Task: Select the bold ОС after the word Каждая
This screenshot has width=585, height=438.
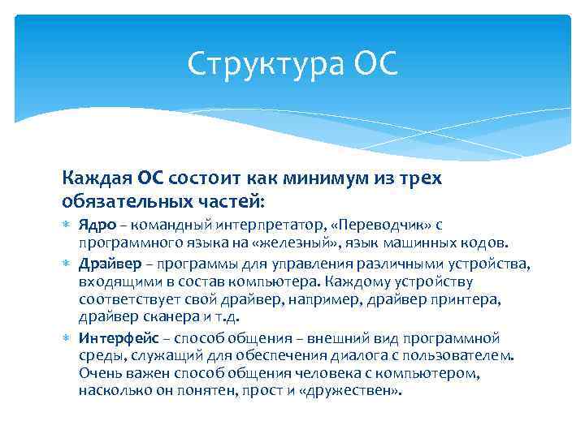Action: pyautogui.click(x=153, y=178)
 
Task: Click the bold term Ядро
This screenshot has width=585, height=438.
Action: pyautogui.click(x=95, y=225)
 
